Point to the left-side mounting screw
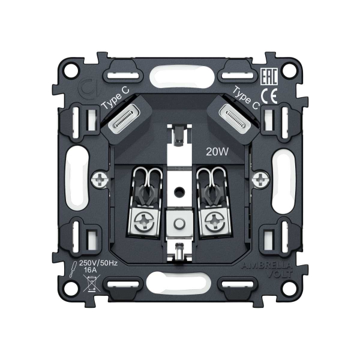coord(102,178)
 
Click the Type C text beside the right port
coord(245,96)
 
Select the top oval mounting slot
coord(179,77)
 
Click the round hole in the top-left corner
coord(70,70)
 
